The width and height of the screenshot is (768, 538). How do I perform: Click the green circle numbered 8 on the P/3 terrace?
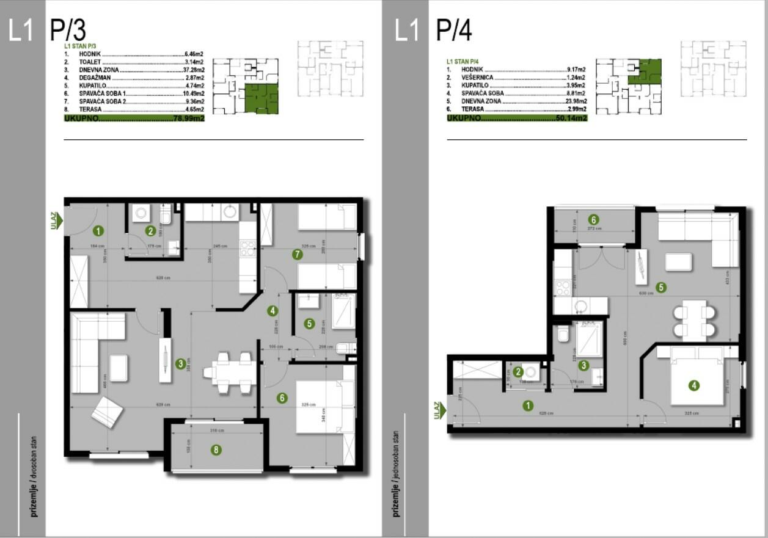coord(216,450)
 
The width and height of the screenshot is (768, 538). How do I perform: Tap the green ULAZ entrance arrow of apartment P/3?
coord(56,221)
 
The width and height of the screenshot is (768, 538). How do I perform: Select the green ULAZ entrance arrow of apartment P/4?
coord(438,410)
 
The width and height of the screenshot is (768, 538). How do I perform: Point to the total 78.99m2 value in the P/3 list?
coord(189,118)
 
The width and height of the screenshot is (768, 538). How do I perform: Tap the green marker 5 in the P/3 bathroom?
coord(310,324)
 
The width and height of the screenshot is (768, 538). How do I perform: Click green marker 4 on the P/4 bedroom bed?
coord(693,385)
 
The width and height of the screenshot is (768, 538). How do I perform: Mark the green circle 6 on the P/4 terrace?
coord(592,219)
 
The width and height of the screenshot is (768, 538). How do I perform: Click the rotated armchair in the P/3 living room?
coord(107,412)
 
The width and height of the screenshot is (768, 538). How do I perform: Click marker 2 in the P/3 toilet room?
coord(150,230)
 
